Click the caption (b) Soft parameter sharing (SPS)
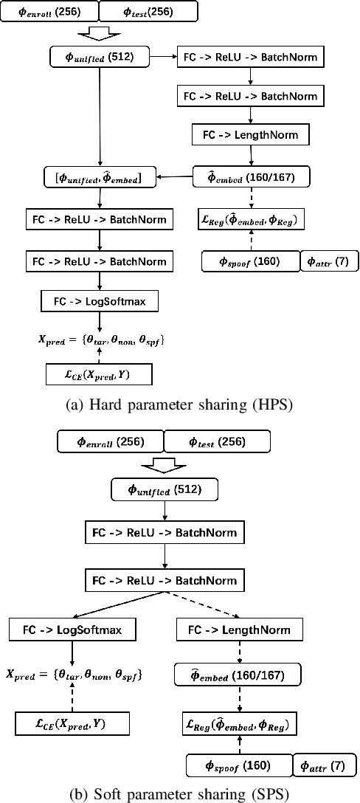179,795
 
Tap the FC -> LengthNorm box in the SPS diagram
234,631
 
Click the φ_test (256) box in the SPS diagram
217,441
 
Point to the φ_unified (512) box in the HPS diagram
100,56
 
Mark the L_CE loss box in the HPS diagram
98,374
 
